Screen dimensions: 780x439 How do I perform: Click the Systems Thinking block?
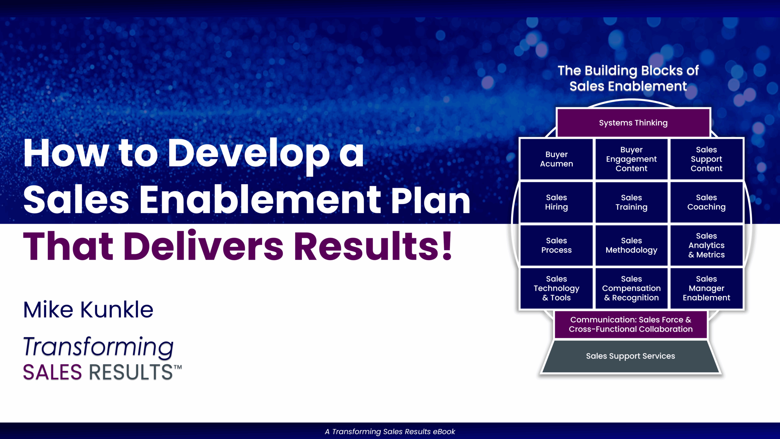tap(633, 123)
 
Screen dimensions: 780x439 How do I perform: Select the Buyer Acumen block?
tap(556, 159)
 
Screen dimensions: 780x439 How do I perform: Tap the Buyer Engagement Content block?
tap(631, 159)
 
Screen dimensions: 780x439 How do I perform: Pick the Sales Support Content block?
tap(706, 159)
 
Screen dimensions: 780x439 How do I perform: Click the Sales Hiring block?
tap(556, 202)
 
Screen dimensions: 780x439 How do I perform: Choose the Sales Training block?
tap(631, 202)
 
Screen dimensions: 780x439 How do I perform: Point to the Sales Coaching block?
tap(706, 202)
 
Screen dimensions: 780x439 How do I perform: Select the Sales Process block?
tap(556, 245)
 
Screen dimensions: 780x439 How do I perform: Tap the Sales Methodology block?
tap(631, 245)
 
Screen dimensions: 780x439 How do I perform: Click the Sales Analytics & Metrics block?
tap(706, 245)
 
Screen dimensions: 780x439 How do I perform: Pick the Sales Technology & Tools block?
tap(556, 288)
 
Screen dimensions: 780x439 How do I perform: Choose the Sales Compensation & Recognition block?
tap(631, 288)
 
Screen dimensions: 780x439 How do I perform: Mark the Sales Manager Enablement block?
tap(706, 288)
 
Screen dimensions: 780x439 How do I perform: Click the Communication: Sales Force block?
tap(631, 324)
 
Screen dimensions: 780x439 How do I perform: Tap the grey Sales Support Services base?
tap(631, 356)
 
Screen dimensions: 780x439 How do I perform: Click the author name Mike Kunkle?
tap(88, 310)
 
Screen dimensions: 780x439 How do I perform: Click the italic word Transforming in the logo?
tap(98, 348)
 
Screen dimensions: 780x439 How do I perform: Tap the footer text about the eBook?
tap(390, 431)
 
